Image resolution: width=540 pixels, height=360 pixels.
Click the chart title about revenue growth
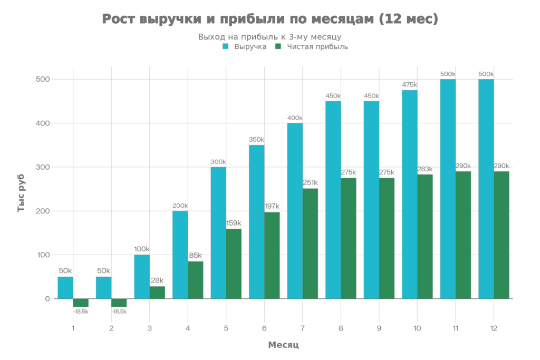coord(269,20)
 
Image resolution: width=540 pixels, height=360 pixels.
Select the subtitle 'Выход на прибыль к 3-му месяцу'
coord(269,37)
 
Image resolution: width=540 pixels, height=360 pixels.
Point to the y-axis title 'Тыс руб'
coord(22,197)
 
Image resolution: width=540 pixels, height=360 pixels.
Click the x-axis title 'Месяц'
coord(283,345)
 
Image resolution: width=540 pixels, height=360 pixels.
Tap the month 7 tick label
coord(302,328)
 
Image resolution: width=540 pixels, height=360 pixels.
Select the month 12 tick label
coord(494,328)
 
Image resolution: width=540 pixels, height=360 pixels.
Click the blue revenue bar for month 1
coord(65,288)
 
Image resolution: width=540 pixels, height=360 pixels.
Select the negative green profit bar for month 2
coord(119,303)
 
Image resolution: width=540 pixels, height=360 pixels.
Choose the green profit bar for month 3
coord(157,293)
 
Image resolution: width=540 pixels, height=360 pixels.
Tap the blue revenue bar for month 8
coord(333,200)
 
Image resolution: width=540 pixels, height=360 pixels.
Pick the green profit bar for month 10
coord(425,237)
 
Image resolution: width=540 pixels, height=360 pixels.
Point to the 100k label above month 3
coord(142,249)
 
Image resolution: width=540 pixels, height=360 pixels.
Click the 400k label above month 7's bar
coord(295,118)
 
